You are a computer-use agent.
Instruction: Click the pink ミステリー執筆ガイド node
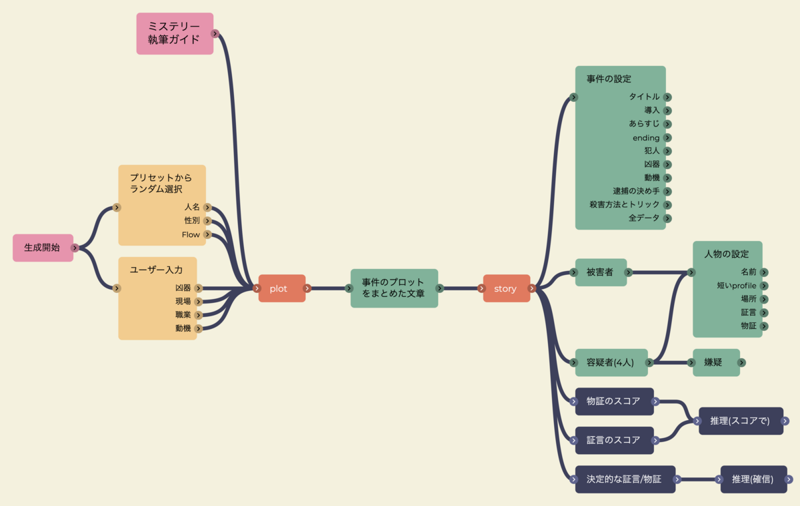click(x=174, y=33)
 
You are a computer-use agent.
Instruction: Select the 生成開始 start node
click(x=42, y=248)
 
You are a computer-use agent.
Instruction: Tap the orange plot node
click(x=279, y=288)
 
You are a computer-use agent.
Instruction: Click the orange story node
click(x=505, y=288)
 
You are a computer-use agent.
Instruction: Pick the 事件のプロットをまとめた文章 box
click(x=393, y=288)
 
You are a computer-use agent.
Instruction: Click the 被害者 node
click(x=600, y=272)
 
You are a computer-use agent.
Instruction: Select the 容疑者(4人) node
click(x=609, y=363)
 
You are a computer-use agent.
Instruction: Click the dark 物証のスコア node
click(x=613, y=401)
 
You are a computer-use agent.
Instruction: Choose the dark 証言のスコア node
click(x=613, y=440)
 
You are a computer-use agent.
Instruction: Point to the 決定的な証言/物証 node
click(x=624, y=479)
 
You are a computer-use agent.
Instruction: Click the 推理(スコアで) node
click(x=740, y=421)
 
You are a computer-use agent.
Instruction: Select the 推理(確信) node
click(x=753, y=479)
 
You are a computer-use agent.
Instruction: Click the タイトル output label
click(x=644, y=97)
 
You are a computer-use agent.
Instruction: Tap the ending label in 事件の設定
click(x=646, y=138)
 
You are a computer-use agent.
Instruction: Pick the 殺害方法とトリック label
click(x=625, y=204)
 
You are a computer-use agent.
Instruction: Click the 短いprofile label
click(x=737, y=286)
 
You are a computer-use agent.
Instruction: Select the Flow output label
click(x=191, y=235)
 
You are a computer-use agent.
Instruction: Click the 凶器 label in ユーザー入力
click(x=183, y=288)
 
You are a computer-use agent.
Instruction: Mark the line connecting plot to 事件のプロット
click(x=328, y=288)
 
